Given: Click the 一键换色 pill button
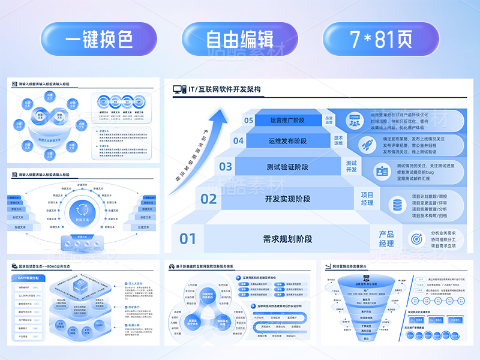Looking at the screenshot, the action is pos(99,40).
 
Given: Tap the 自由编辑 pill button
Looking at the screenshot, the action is pos(239,40).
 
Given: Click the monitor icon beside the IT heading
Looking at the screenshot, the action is pos(179,89).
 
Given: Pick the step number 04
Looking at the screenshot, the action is pos(238,142).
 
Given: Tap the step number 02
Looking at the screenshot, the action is pos(208,199).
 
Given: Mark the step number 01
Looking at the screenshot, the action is pos(188,239).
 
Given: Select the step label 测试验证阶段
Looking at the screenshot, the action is pos(288,167).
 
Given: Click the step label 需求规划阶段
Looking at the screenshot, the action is pos(288,239).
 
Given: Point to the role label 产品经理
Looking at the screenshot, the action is pos(386,239).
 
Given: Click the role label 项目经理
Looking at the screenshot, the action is pos(367,199).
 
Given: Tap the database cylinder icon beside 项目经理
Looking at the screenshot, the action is pos(397,204).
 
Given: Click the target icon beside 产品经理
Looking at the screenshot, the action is pos(415,239).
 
